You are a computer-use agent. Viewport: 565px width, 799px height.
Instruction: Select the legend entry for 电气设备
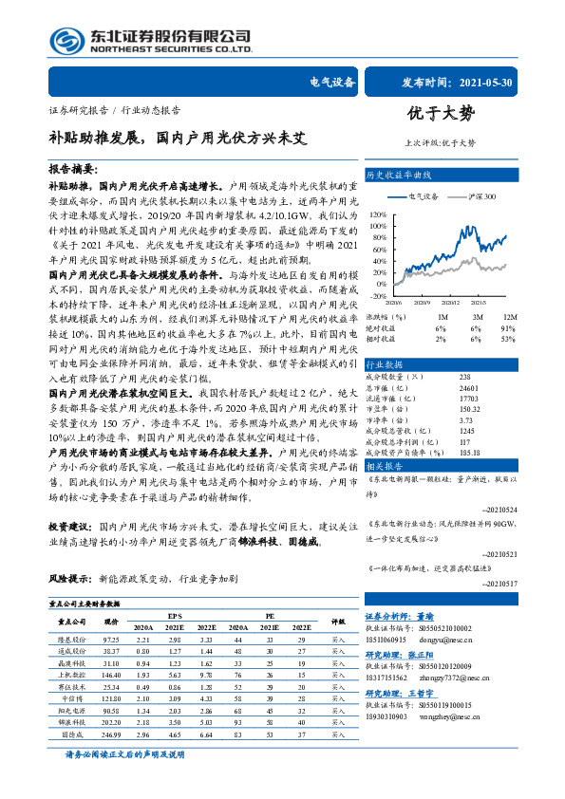point(425,195)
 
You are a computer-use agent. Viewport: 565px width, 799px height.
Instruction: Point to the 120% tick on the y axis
point(378,215)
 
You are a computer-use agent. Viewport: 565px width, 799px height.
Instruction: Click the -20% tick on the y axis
point(378,296)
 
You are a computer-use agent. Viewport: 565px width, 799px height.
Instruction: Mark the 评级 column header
point(337,622)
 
